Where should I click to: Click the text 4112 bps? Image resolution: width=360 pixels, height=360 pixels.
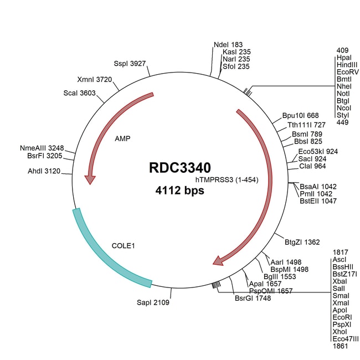(179, 191)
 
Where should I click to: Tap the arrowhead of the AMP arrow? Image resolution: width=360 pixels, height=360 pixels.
(90, 179)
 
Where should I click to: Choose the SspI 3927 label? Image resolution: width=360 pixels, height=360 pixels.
(130, 64)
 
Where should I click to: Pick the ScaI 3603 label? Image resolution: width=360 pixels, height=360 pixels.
(80, 93)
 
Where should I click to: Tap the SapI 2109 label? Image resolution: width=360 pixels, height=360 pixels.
(153, 302)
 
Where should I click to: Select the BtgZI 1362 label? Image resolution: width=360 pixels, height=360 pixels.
(302, 242)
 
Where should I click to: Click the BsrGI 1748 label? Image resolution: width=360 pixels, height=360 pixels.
(253, 297)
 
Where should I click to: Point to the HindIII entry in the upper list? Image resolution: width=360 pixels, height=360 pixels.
(347, 65)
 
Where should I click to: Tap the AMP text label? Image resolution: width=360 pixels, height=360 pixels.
(122, 138)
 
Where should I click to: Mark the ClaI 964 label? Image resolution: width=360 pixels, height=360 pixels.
(312, 166)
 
